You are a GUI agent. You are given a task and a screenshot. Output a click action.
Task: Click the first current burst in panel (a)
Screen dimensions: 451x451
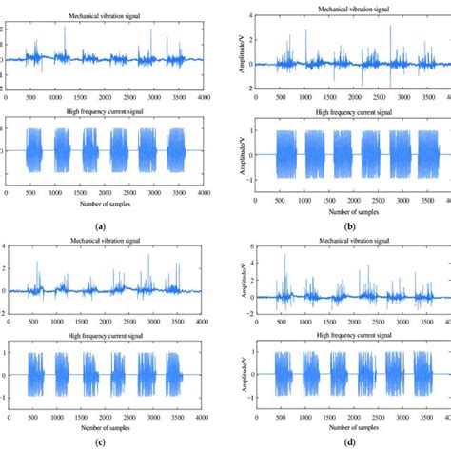coord(37,149)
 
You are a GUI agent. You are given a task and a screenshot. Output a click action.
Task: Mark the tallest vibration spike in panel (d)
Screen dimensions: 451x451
coord(284,257)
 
